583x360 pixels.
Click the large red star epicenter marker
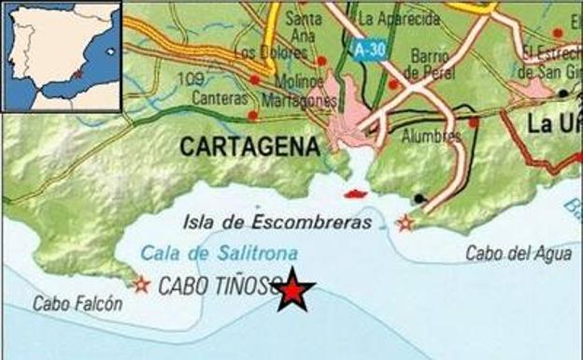coord(293,292)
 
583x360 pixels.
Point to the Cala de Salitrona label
coord(220,252)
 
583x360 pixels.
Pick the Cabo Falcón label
coord(78,304)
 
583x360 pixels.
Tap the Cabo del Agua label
coord(505,253)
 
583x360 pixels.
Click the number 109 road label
coord(190,79)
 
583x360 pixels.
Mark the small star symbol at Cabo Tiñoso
coord(141,283)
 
